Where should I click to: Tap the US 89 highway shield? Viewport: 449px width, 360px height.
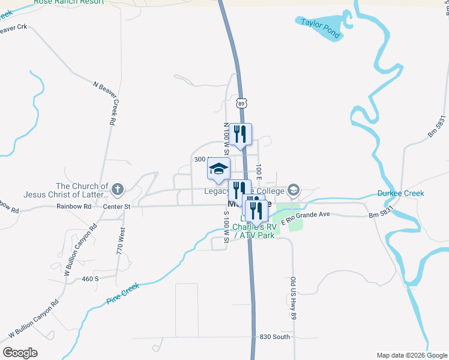point(241,104)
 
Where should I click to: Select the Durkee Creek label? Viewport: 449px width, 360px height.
point(401,193)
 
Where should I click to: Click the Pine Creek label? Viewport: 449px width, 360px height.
point(122,292)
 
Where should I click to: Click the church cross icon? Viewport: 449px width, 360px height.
point(118,190)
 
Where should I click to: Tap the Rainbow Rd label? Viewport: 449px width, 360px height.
point(74,206)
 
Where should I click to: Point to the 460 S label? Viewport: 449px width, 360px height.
point(89,279)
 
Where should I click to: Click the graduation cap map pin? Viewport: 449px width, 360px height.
point(219,169)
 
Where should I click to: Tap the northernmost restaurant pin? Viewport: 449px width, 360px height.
point(241,134)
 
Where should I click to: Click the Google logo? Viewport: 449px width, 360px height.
point(20,353)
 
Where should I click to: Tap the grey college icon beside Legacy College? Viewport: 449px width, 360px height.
point(293,191)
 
